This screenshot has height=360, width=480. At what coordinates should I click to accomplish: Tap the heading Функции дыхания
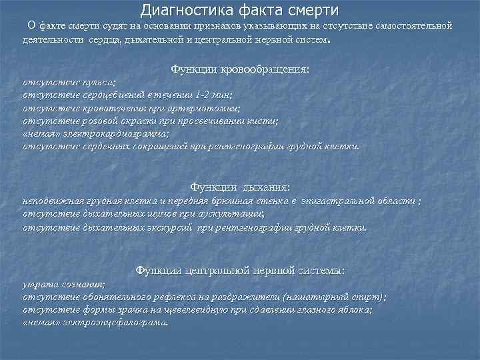click(x=240, y=187)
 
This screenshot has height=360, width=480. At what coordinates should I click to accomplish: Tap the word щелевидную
click(x=201, y=309)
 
